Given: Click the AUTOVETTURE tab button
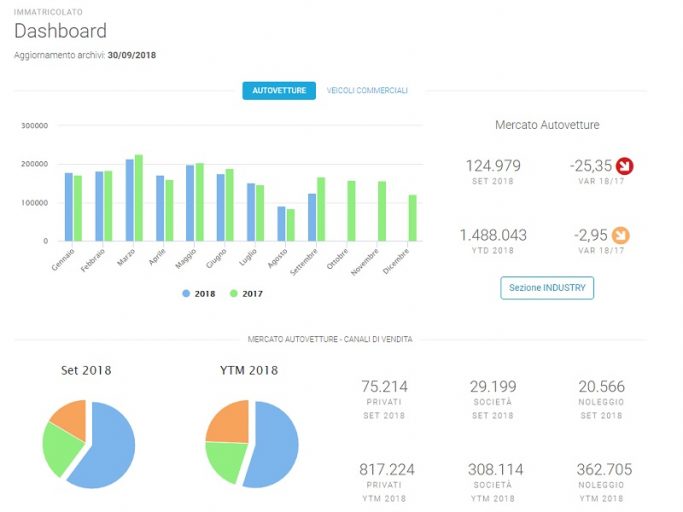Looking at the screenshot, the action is tap(279, 91).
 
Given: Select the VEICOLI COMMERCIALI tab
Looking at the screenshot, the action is tap(367, 91).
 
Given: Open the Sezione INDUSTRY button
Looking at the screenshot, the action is tap(547, 288).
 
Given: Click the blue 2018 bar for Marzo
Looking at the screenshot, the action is tap(130, 200).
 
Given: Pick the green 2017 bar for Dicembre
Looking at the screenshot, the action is tap(413, 218).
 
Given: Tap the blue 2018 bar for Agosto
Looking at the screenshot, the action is tap(281, 224).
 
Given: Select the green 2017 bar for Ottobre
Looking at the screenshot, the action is tap(351, 211).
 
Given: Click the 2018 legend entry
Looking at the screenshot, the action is tap(199, 294).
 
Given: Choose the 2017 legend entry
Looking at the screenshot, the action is tap(246, 294).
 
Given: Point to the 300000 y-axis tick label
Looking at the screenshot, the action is tap(34, 125).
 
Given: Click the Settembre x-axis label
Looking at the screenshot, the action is tap(304, 262).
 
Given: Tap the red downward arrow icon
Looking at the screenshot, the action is tap(625, 166).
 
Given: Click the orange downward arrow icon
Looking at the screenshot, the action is tap(621, 235).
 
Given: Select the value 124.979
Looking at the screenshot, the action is tap(493, 166).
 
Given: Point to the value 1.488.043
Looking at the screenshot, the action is tap(493, 235).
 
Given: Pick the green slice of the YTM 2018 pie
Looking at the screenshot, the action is tap(224, 460).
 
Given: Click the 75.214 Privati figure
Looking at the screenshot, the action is tap(384, 387).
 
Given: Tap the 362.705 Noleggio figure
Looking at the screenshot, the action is tap(604, 469).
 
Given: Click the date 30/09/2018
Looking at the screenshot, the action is tap(132, 55).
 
